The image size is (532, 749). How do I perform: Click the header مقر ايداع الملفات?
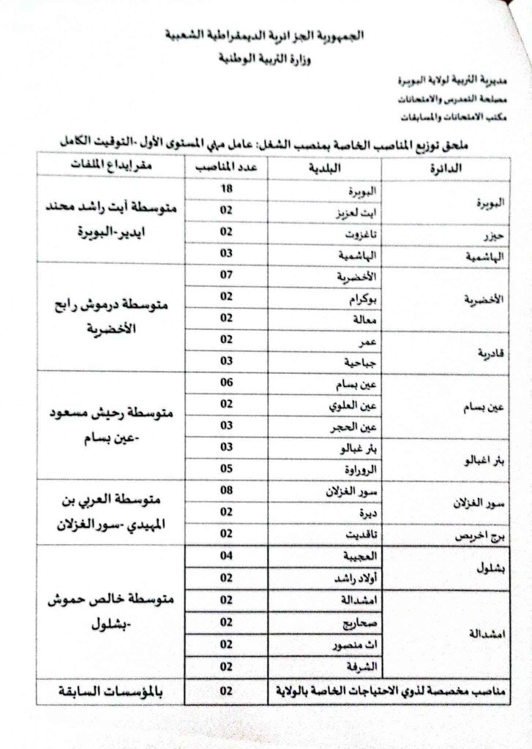(102, 167)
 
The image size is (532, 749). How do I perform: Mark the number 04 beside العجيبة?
(227, 557)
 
